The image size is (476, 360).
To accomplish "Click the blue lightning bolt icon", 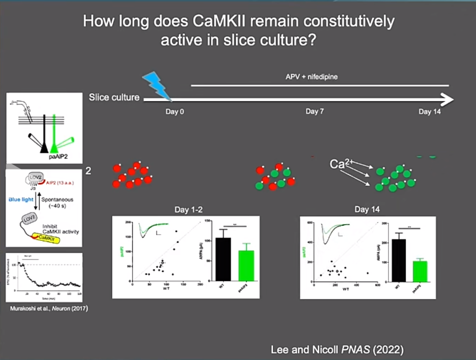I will click(156, 86).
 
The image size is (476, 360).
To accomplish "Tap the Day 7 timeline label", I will click(314, 112).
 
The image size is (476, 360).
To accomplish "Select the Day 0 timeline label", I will click(174, 112).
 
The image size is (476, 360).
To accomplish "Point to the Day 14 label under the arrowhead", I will click(429, 112).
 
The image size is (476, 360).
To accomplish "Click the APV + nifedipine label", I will click(312, 77).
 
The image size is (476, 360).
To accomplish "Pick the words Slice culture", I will click(114, 97).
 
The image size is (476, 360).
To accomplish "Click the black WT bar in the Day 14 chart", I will click(399, 260).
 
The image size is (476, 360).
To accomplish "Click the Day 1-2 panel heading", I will click(188, 210).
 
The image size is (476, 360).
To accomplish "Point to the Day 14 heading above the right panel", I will click(367, 209).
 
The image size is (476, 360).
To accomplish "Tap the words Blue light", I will click(21, 199).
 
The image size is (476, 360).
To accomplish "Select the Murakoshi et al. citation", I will click(49, 309).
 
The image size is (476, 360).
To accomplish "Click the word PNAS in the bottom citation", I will click(355, 350).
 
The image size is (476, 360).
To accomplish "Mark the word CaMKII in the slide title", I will click(219, 21).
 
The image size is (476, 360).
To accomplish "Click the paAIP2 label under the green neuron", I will click(58, 156).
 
